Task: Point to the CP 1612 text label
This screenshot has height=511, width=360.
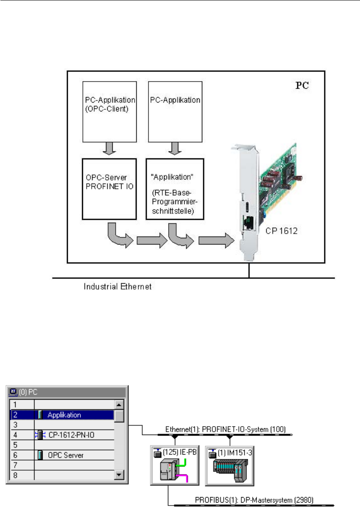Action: point(281,231)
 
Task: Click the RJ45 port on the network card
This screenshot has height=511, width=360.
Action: point(247,222)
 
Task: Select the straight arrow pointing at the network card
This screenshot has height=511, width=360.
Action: point(214,242)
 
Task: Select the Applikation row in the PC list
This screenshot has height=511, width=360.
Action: point(64,415)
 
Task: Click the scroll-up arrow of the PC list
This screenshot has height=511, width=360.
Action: point(119,405)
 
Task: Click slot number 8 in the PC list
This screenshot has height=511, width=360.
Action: point(15,475)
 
